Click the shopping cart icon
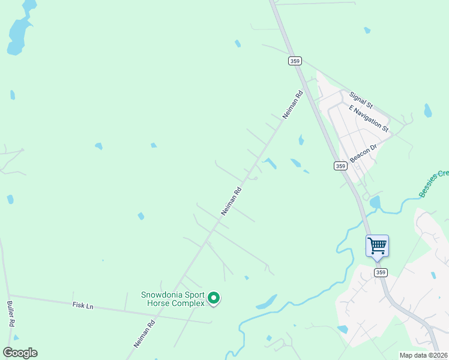coord(377,245)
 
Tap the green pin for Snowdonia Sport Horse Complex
coord(213,298)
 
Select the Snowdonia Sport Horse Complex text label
coord(172,299)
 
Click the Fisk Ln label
coord(83,306)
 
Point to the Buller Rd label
coord(11,314)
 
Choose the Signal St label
coord(361,100)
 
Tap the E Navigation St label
coord(369,118)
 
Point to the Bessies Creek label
coord(434,184)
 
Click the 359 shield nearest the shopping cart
coord(381,272)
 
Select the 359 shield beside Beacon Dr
coord(340,166)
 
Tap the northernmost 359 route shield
coord(294,61)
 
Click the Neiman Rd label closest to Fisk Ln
coord(145,334)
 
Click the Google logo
coord(20,353)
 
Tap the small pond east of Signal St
coord(427,110)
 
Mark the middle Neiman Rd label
coord(231,201)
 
